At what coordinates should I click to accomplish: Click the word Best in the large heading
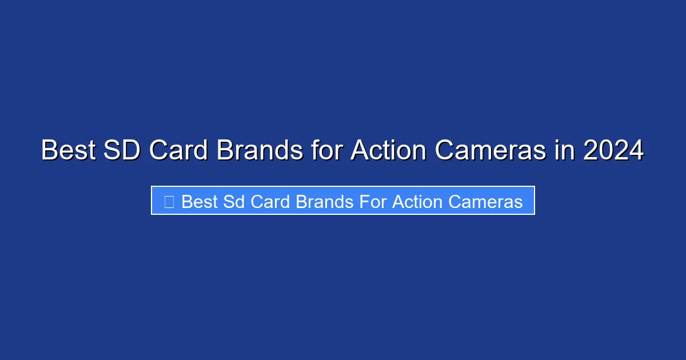[x=67, y=151]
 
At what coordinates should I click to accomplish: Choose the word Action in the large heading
[x=388, y=151]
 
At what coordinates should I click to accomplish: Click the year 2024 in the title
[x=613, y=151]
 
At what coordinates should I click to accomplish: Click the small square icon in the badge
[x=169, y=201]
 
